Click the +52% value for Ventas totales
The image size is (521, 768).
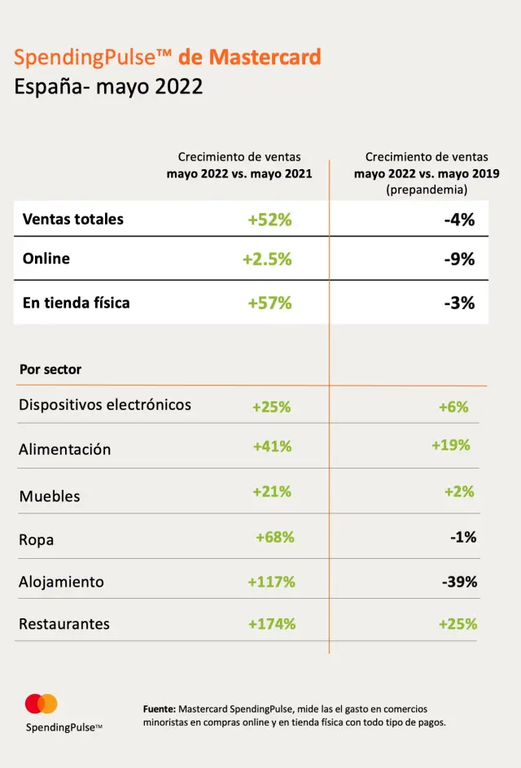pyautogui.click(x=269, y=220)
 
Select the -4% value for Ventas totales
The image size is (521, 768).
pyautogui.click(x=459, y=220)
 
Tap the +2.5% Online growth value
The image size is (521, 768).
pyautogui.click(x=267, y=260)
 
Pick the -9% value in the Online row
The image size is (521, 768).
pyautogui.click(x=459, y=260)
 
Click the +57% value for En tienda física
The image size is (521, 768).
pyautogui.click(x=269, y=303)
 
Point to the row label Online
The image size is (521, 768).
pyautogui.click(x=46, y=259)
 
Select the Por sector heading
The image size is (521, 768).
pyautogui.click(x=50, y=369)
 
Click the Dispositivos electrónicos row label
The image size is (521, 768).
pyautogui.click(x=105, y=404)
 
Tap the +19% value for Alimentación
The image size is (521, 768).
pyautogui.click(x=451, y=445)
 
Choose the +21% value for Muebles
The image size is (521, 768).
pyautogui.click(x=272, y=491)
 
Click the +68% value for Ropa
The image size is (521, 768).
pyautogui.click(x=275, y=537)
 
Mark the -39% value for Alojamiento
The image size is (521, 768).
pyautogui.click(x=459, y=582)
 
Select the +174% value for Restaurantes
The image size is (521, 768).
pyautogui.click(x=272, y=624)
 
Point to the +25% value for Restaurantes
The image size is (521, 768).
pyautogui.click(x=458, y=624)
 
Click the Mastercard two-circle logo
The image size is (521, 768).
pyautogui.click(x=42, y=704)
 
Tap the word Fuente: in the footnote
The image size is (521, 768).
pyautogui.click(x=160, y=709)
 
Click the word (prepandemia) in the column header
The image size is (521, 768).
pyautogui.click(x=427, y=190)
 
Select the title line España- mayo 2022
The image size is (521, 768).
pyautogui.click(x=108, y=87)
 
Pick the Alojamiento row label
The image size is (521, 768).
pyautogui.click(x=62, y=582)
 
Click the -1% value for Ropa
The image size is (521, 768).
pyautogui.click(x=462, y=537)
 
